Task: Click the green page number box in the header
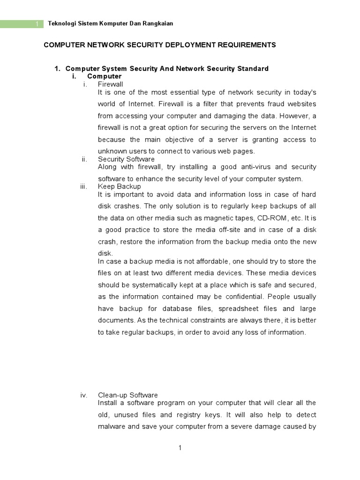22,24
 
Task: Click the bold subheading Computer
104,76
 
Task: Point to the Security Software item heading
126,159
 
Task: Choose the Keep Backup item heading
119,186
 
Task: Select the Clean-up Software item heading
127,395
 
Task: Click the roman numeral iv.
84,395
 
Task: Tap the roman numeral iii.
84,186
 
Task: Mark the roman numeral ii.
84,159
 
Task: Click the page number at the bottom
180,448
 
